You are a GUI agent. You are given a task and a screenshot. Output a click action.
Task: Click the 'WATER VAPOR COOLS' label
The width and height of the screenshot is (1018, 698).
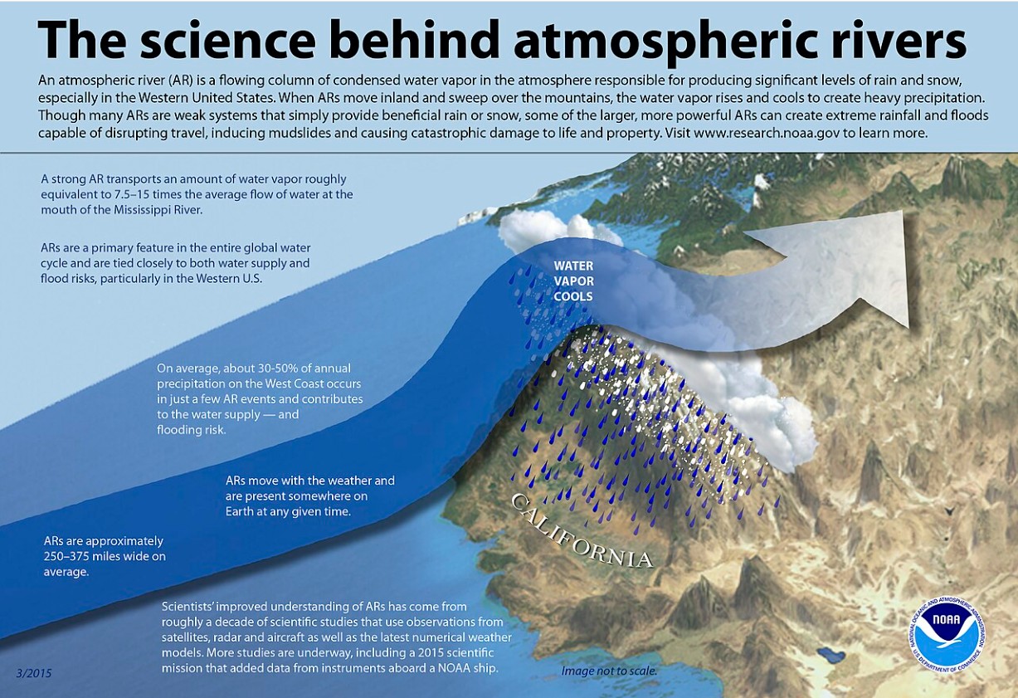tap(573, 281)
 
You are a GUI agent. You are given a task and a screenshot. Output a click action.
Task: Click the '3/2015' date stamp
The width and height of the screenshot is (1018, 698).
tap(34, 672)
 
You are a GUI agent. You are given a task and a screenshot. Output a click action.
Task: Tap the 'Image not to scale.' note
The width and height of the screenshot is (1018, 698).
tap(609, 671)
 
